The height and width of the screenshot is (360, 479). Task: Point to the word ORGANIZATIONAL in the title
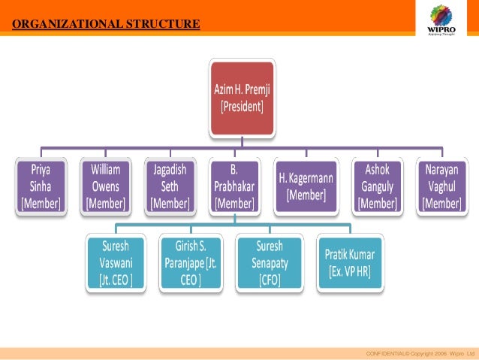coord(62,24)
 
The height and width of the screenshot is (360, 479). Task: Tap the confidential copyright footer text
coord(420,353)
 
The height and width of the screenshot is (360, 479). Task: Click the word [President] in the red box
coord(242,107)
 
